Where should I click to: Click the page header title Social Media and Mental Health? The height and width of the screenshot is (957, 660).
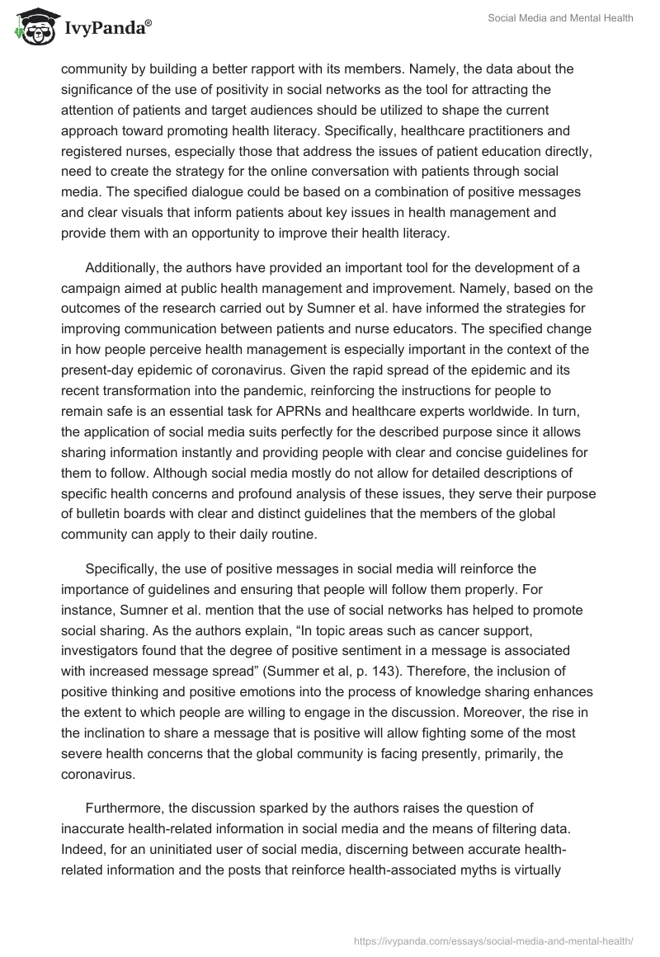(560, 20)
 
